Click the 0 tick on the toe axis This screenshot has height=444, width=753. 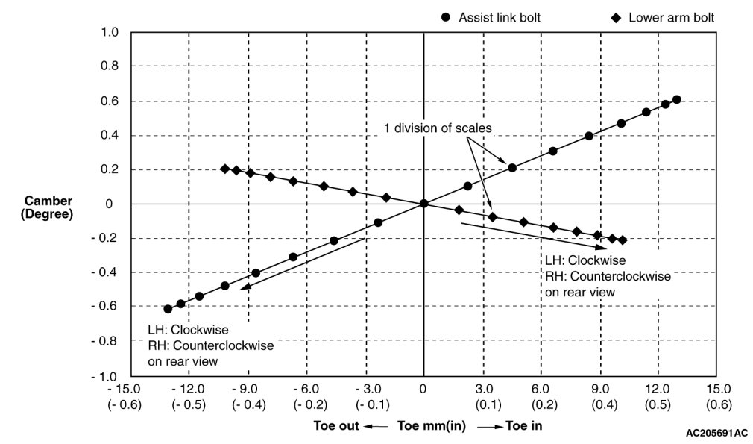tap(423, 389)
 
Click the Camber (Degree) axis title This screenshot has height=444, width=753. tap(48, 207)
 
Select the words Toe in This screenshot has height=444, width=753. tap(523, 426)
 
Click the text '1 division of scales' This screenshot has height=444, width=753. tap(438, 128)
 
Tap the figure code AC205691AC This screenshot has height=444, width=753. tap(716, 433)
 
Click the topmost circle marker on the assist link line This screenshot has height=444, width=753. tap(676, 100)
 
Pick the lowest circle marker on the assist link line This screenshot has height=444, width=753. tap(168, 309)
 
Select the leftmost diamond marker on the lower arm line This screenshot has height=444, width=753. tap(225, 169)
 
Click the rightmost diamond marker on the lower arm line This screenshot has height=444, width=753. tap(623, 240)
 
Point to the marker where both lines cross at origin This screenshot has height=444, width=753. tap(423, 204)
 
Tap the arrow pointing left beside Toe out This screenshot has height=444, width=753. tap(378, 427)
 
